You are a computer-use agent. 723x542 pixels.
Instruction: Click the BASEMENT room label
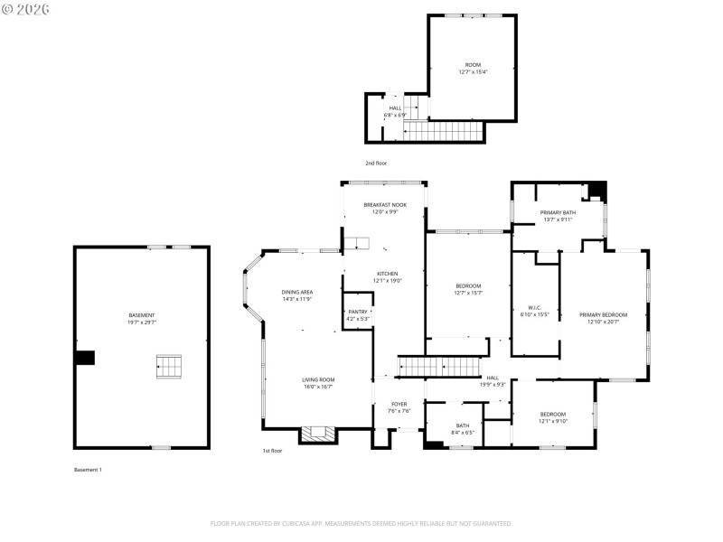click(x=141, y=315)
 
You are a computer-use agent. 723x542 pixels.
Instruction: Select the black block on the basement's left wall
click(x=84, y=358)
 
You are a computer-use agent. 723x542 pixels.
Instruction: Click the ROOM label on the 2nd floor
click(x=473, y=65)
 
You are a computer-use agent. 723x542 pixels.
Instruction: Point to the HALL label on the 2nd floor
click(x=395, y=108)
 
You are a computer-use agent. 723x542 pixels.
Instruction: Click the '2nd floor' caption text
click(x=376, y=164)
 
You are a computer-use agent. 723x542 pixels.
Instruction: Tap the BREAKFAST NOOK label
click(x=385, y=205)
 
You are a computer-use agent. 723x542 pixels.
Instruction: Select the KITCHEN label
click(x=387, y=274)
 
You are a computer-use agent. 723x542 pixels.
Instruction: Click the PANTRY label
click(x=358, y=312)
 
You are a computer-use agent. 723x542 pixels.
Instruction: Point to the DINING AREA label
click(x=297, y=292)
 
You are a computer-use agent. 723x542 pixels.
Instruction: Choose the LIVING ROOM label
click(x=318, y=379)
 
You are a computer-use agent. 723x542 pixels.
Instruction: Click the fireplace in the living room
click(x=318, y=434)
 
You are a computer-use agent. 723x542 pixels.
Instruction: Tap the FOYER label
click(x=399, y=404)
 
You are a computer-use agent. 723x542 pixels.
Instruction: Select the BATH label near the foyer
click(x=463, y=425)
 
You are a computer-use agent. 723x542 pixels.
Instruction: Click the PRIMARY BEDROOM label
click(x=603, y=314)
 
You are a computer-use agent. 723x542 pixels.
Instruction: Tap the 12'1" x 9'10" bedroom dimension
click(x=553, y=420)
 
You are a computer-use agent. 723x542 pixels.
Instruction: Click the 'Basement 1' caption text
click(x=88, y=470)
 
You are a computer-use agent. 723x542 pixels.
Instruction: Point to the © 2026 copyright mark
click(x=26, y=9)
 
